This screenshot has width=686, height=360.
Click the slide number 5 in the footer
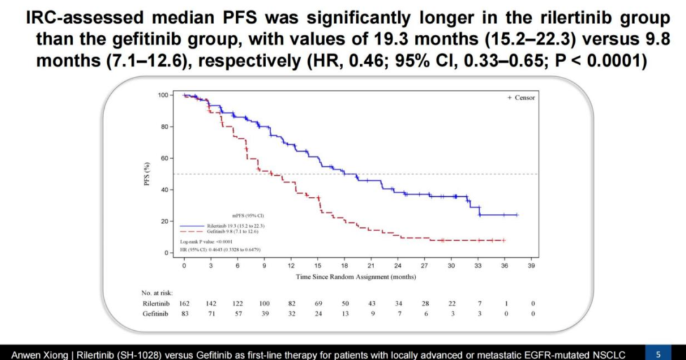point(657,353)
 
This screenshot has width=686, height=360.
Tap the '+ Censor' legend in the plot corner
point(521,98)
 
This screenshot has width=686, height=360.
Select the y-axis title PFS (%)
point(148,173)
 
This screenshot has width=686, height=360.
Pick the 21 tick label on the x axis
point(370,265)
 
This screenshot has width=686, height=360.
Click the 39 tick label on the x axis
point(531,265)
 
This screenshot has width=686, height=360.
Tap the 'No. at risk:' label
point(158,293)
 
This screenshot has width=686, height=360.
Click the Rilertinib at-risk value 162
point(185,304)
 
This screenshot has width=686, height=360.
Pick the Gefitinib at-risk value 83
point(185,314)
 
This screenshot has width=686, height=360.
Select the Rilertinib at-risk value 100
point(265,304)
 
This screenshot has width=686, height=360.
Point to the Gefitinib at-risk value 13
point(346,314)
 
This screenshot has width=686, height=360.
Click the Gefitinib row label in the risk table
point(156,314)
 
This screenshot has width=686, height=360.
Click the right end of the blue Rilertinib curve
point(517,215)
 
